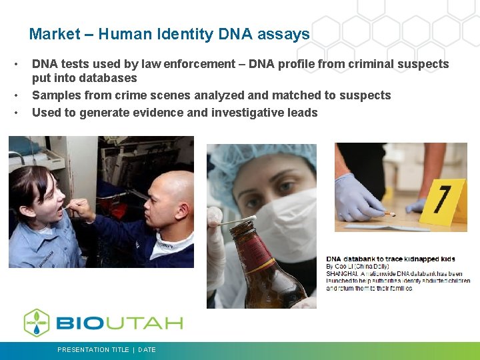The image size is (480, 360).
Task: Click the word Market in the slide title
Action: coord(55,34)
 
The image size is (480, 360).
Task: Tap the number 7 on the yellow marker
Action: coord(442,198)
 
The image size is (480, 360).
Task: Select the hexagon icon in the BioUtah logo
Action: coord(37,323)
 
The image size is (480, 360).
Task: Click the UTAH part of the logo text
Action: coord(148,323)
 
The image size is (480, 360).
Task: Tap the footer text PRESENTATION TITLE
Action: coord(93,349)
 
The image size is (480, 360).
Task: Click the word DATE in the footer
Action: coord(147,349)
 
